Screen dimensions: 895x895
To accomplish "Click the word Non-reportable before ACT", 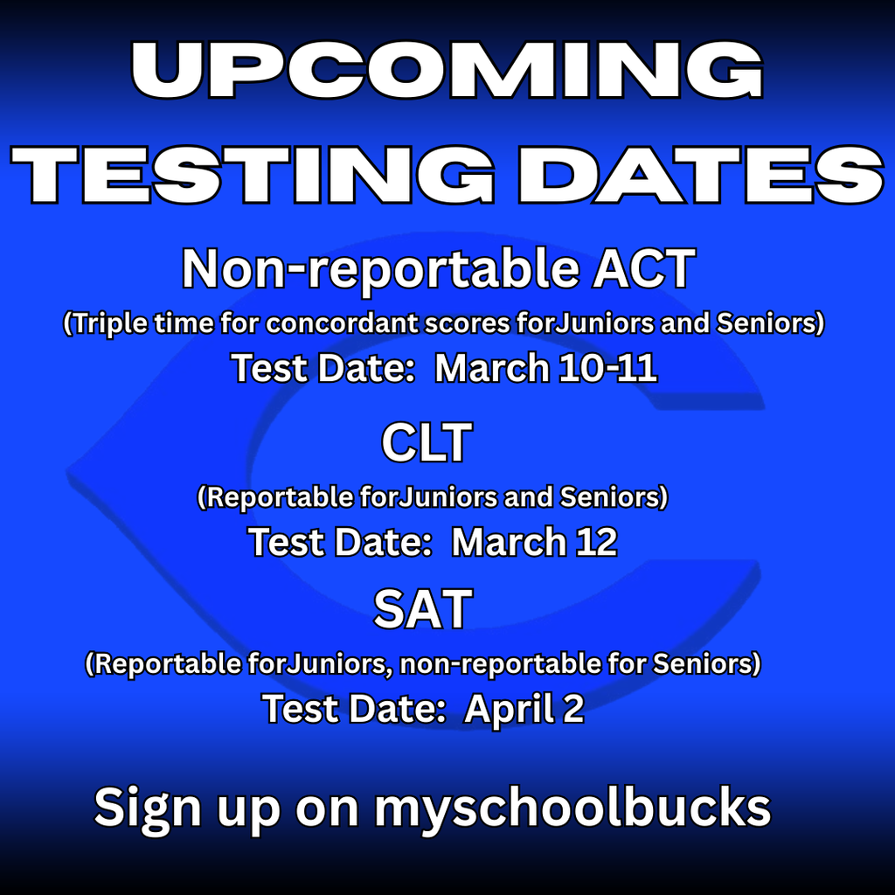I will [367, 269].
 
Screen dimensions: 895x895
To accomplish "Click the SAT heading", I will [423, 610].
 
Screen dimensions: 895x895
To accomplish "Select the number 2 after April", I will [573, 709].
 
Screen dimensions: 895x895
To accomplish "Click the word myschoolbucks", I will [572, 808].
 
